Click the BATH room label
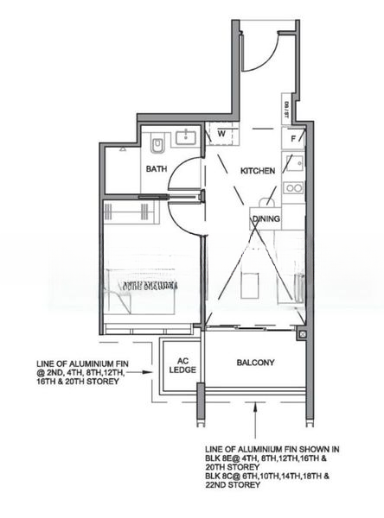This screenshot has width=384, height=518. point(157,169)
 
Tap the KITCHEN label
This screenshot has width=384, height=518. point(258,171)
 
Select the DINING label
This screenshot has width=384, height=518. point(266,219)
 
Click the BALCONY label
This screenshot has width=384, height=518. point(255,363)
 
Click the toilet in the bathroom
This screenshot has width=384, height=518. point(157,142)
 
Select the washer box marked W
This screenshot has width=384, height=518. point(221,134)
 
